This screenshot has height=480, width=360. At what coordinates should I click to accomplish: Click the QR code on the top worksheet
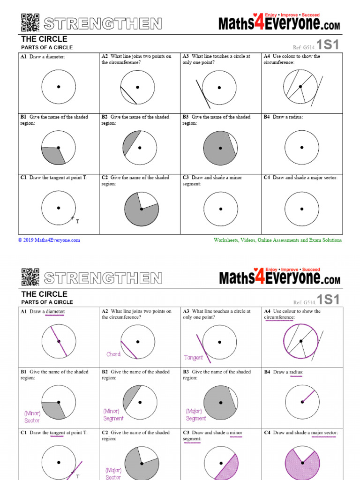click(30, 22)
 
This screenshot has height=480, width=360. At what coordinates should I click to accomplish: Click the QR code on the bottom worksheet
click(30, 277)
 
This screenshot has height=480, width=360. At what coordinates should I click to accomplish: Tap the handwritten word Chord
click(113, 354)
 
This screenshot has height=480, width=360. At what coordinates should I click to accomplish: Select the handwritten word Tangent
click(194, 358)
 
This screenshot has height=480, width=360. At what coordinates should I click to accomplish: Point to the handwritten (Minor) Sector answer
click(32, 417)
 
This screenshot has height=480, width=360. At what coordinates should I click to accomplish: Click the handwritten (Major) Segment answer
click(195, 415)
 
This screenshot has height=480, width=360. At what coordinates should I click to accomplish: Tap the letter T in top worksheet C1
click(77, 221)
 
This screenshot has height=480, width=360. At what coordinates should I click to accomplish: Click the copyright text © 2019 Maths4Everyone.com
click(49, 240)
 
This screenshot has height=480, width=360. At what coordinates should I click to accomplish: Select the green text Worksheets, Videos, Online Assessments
click(277, 240)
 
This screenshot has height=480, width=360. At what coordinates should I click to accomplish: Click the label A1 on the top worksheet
click(23, 56)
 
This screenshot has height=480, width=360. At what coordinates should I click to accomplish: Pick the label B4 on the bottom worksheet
click(268, 372)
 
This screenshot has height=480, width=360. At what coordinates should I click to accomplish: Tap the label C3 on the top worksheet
click(186, 178)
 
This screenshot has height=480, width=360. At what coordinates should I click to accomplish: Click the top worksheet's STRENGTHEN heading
click(103, 23)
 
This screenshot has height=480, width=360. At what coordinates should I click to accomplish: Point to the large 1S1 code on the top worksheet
click(328, 45)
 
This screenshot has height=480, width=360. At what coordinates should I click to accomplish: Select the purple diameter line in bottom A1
click(59, 341)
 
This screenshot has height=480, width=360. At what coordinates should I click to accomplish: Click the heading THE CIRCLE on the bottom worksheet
click(44, 294)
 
